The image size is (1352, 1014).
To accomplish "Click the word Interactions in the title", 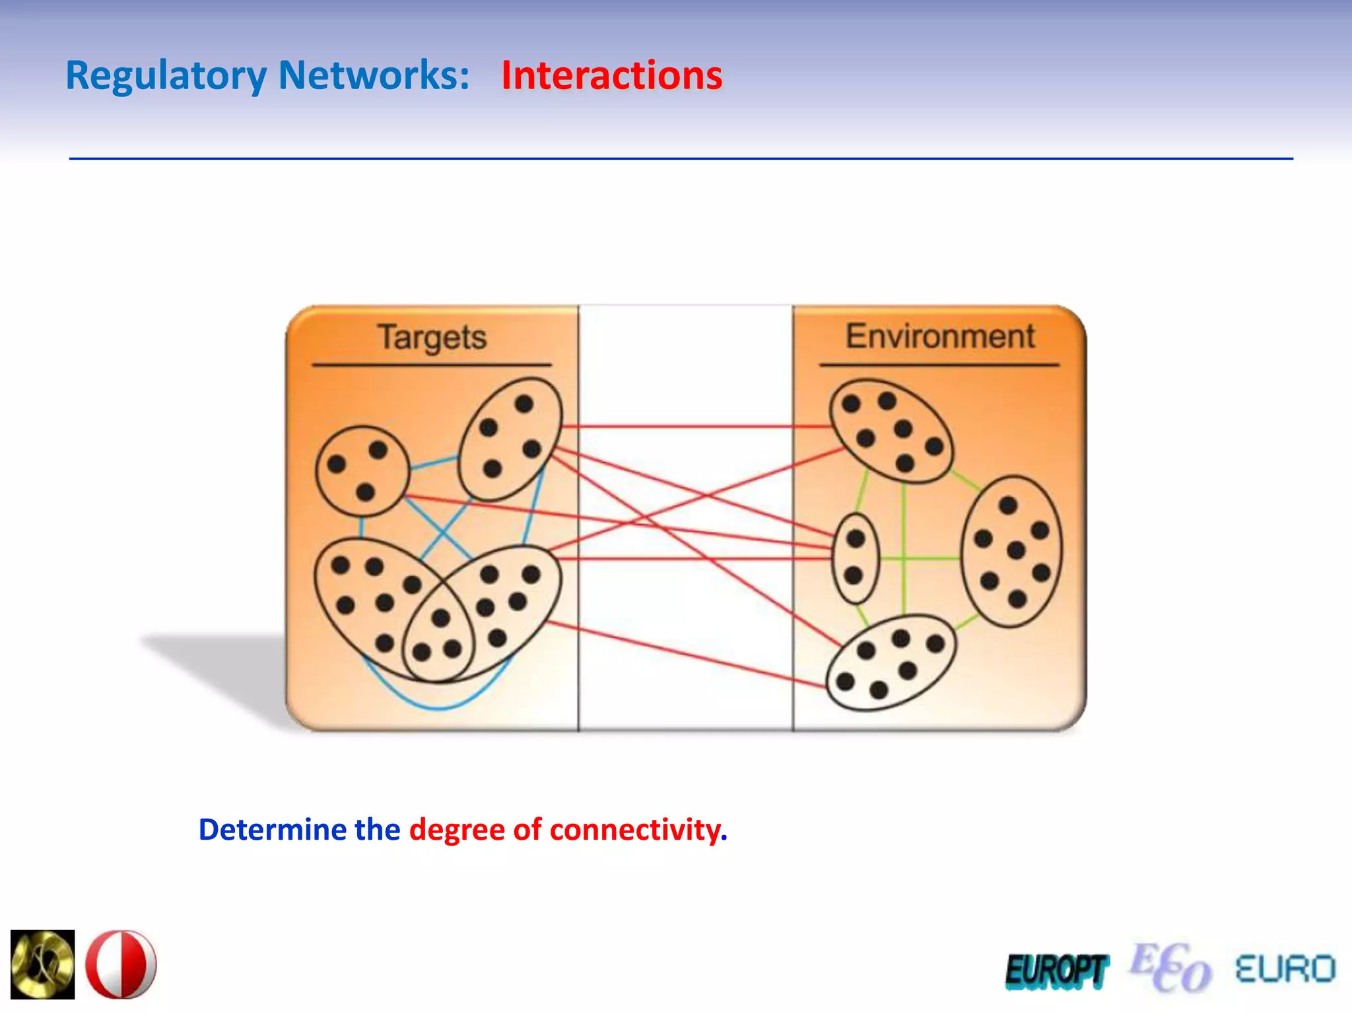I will [611, 75].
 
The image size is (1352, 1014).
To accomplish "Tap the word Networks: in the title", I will [374, 75].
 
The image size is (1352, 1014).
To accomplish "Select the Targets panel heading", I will [432, 337].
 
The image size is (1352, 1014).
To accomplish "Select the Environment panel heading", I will [940, 337].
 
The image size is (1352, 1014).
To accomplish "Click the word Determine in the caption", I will [272, 829].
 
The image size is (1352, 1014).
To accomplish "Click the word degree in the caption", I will [457, 829].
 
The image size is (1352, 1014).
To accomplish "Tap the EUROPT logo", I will [1056, 971].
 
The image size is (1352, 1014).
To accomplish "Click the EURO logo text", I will [1285, 970].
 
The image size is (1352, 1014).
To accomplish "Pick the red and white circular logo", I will [121, 964].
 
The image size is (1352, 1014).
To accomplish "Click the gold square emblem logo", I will [43, 964].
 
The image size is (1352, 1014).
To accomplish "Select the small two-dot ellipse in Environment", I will [856, 558].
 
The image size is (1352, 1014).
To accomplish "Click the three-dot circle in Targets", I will [362, 471].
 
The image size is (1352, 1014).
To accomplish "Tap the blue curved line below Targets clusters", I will [439, 708].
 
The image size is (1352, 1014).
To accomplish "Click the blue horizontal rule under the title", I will [680, 158].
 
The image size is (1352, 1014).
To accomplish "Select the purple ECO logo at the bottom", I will [1170, 968].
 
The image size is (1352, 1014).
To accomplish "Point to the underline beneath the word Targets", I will [432, 364].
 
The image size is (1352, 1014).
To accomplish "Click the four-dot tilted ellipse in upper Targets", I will [510, 438].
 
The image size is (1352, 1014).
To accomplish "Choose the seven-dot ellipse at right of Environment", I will [1011, 551].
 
